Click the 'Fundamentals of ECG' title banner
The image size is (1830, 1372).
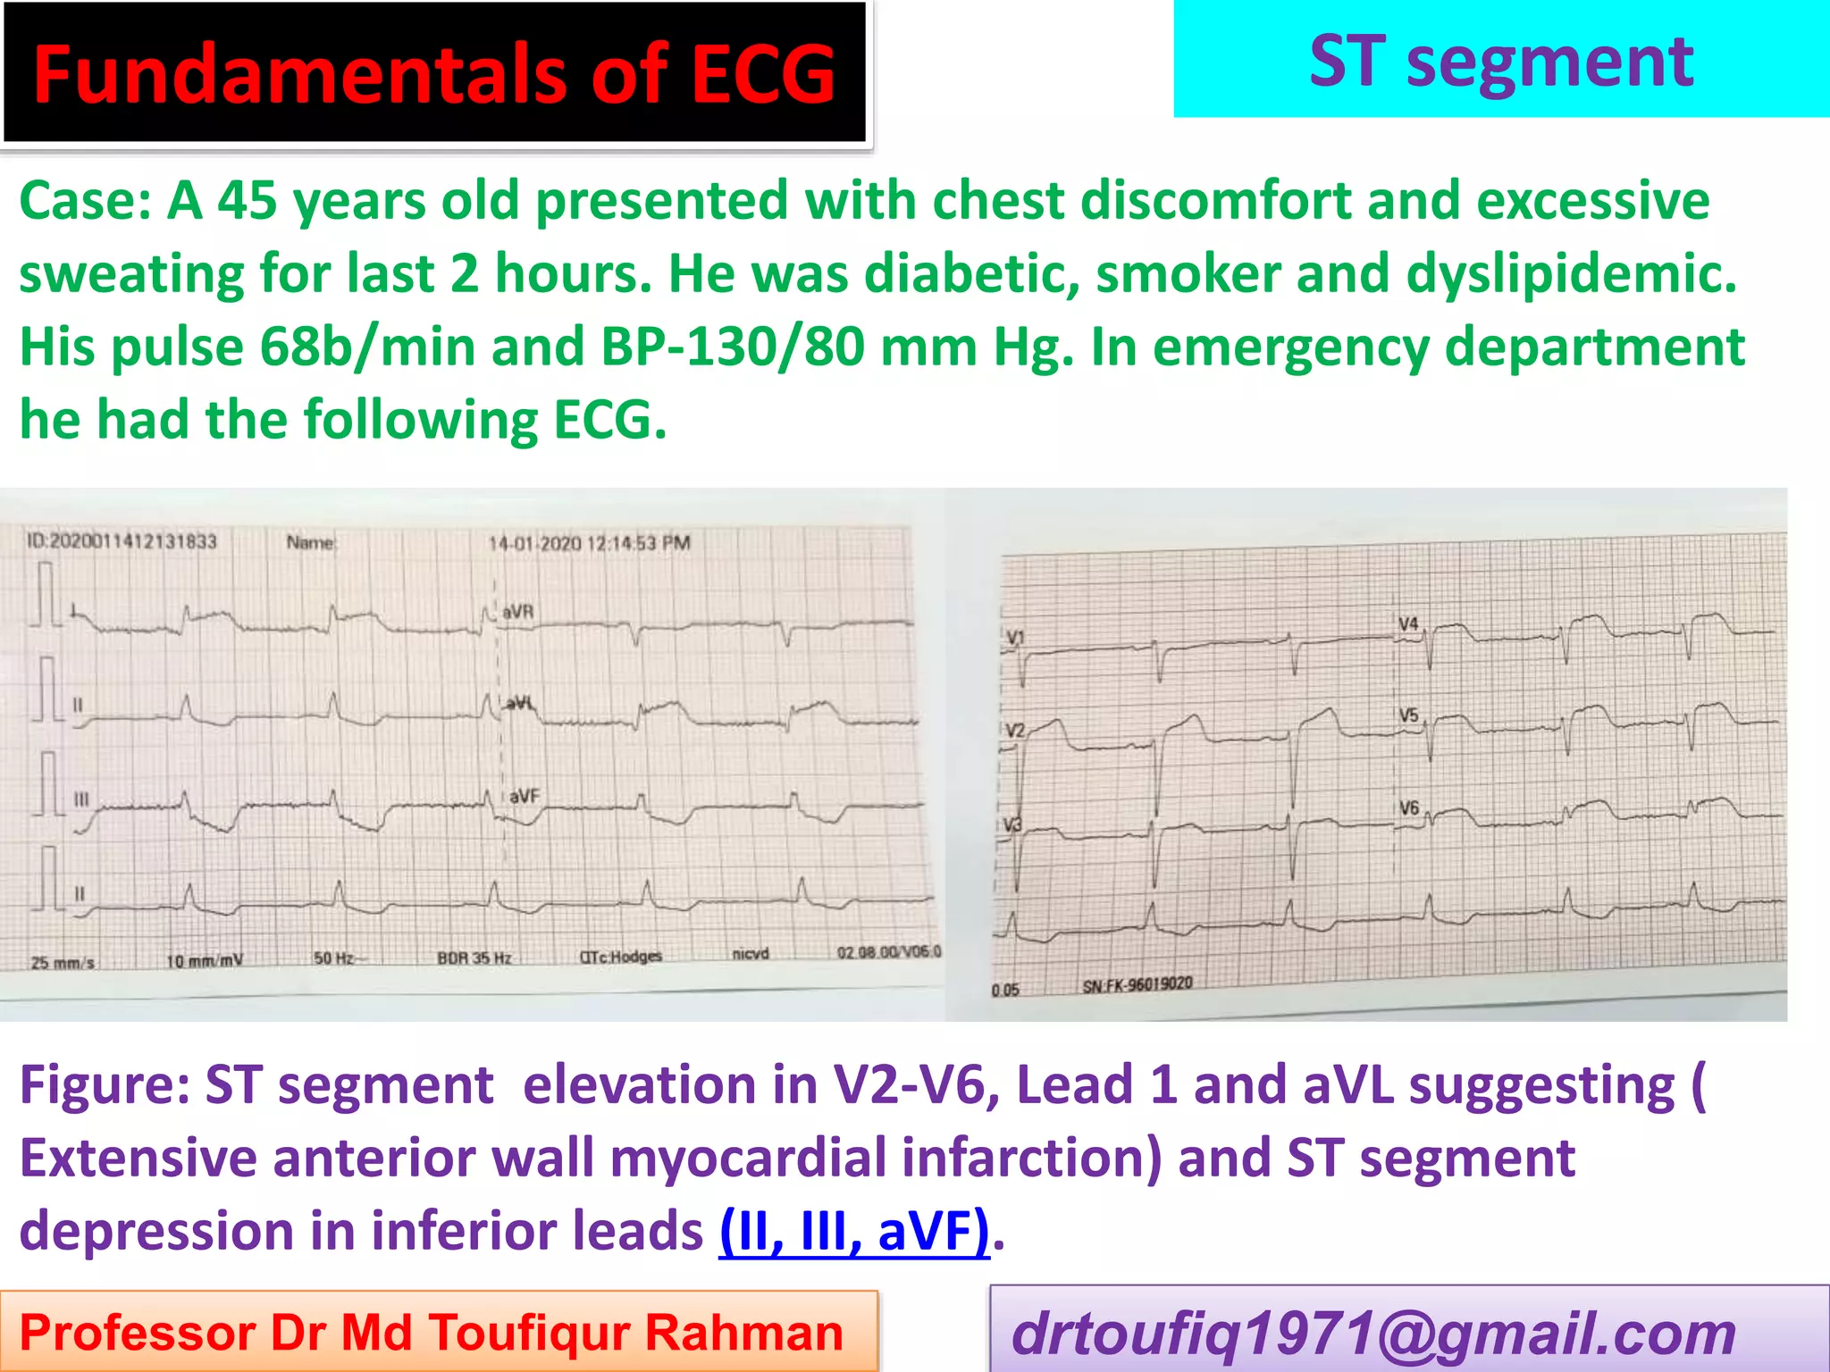coord(434,73)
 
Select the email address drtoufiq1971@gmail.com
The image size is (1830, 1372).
coord(1373,1334)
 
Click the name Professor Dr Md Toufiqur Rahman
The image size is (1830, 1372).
coord(432,1333)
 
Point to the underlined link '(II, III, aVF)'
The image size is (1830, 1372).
coord(854,1231)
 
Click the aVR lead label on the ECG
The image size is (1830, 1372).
coord(517,612)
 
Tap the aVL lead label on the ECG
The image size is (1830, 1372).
coord(519,704)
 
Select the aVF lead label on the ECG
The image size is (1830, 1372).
coord(525,795)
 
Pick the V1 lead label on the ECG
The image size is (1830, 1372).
coord(1016,638)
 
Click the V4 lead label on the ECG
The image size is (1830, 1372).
coord(1408,623)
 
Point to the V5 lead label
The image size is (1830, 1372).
coord(1408,715)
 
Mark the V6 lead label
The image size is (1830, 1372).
coord(1408,807)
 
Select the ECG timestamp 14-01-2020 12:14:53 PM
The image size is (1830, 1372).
coord(589,543)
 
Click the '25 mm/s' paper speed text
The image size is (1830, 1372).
coord(63,963)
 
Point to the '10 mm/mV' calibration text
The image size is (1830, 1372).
coord(205,961)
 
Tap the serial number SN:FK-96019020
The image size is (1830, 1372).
coord(1137,985)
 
